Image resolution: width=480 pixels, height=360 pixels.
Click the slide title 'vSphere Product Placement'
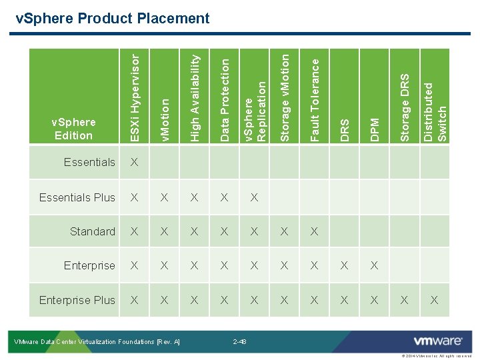(113, 18)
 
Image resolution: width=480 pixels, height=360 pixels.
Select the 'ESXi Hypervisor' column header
(135, 97)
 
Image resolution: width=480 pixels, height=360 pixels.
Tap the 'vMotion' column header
(165, 119)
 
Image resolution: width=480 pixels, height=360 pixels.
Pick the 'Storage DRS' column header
(404, 107)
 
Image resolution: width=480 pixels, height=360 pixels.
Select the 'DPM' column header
(374, 129)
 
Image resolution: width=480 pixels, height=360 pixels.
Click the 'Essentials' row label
(89, 162)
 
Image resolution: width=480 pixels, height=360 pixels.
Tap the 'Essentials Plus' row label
(77, 197)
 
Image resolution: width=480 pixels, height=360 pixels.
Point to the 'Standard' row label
(93, 231)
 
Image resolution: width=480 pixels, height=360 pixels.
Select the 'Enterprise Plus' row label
(77, 300)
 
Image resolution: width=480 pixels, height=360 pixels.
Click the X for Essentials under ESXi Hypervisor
(135, 162)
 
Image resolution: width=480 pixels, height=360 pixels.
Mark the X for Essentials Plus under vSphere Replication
(254, 197)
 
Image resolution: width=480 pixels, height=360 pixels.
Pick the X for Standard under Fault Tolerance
(314, 231)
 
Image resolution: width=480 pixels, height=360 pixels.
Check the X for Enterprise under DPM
(374, 265)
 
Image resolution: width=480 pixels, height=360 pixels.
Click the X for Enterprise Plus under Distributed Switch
(434, 300)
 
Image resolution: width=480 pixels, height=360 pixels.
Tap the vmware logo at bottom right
(438, 341)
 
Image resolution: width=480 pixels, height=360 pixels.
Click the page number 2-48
(240, 342)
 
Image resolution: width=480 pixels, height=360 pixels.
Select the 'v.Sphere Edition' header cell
(73, 129)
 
